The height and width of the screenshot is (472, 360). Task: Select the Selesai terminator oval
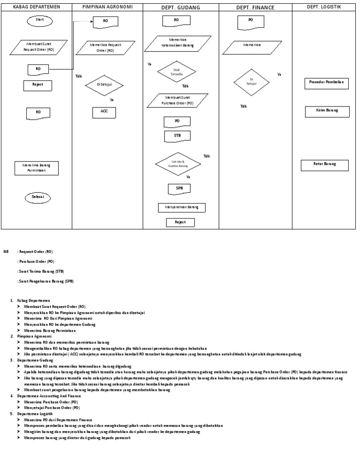[x=37, y=197]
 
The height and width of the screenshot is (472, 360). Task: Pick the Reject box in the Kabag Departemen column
[x=37, y=85]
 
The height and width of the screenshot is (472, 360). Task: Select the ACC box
[x=104, y=112]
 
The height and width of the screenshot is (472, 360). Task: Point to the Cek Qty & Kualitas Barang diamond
[x=179, y=164]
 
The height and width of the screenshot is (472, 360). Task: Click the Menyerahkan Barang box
[x=181, y=207]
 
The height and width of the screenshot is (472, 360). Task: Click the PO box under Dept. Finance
[x=251, y=22]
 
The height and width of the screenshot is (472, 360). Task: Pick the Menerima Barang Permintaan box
[x=37, y=167]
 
